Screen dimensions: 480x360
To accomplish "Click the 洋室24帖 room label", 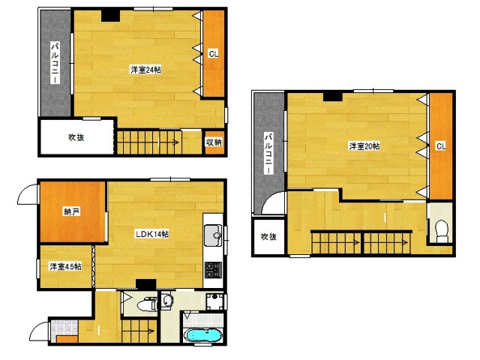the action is (145, 70).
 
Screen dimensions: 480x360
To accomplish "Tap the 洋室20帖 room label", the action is (364, 146).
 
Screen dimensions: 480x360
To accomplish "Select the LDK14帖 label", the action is (152, 234).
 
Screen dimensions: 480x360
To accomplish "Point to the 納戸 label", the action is (72, 211).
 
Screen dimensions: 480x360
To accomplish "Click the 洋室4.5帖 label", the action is (65, 267).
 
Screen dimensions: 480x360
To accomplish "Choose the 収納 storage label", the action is (214, 142).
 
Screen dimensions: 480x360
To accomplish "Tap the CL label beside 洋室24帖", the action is (213, 54).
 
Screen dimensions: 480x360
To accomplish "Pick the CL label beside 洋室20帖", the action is (441, 146).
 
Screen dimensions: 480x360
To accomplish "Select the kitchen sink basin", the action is (213, 235).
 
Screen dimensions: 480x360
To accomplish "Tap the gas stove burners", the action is (213, 270).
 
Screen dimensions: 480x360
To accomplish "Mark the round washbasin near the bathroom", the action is (166, 301).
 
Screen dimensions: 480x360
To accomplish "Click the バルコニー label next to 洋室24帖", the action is (55, 63).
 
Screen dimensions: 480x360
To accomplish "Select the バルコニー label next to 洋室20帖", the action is (268, 154).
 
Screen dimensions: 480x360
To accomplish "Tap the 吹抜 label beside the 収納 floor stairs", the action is (76, 137).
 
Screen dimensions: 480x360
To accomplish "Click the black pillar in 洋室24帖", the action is (110, 16).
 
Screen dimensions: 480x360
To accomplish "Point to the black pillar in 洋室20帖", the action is (333, 96).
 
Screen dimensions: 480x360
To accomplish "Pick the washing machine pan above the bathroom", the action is (214, 301).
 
